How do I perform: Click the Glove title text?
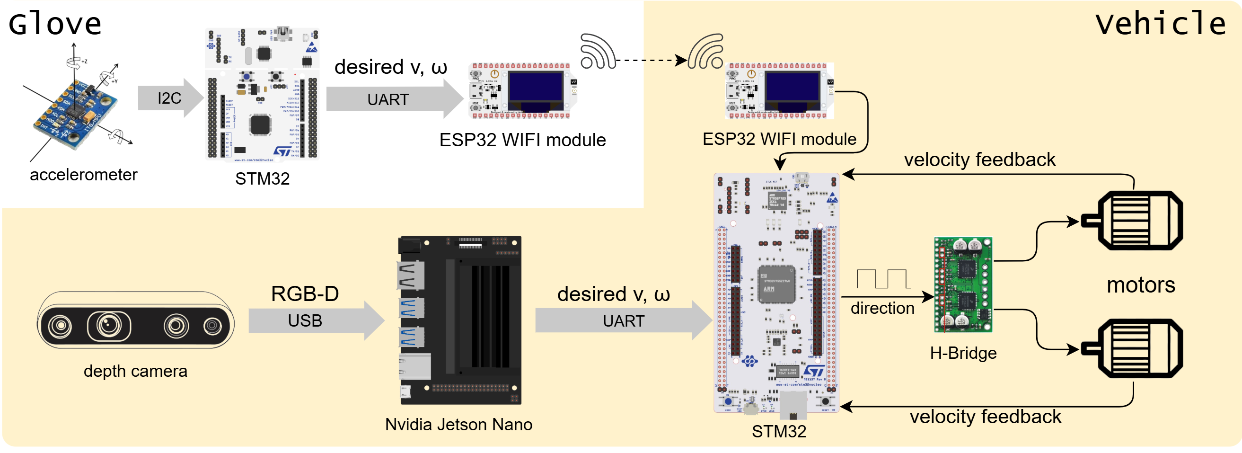(x=55, y=24)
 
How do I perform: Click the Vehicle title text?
(x=1160, y=24)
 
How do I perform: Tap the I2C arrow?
(x=170, y=98)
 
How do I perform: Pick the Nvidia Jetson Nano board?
(x=460, y=320)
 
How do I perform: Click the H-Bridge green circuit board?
(x=963, y=284)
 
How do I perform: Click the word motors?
(x=1141, y=285)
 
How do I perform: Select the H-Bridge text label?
(x=963, y=353)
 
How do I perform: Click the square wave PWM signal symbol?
(x=883, y=279)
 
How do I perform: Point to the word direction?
(x=882, y=308)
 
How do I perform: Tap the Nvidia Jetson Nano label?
(x=458, y=425)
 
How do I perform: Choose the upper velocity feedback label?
(x=979, y=160)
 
